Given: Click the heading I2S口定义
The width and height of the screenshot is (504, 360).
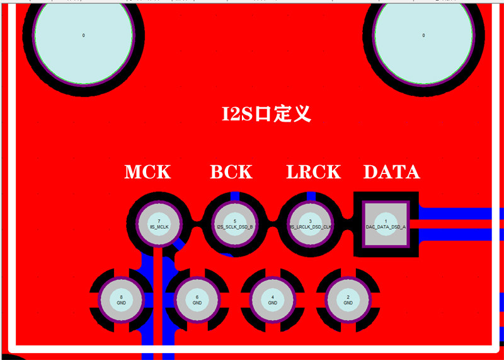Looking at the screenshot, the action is [x=266, y=114].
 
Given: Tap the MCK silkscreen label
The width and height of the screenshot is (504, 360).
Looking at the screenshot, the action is [x=147, y=171].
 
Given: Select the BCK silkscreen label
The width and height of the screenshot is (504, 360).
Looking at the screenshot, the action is [x=231, y=171].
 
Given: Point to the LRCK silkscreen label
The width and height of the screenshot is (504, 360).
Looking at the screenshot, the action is [x=313, y=171].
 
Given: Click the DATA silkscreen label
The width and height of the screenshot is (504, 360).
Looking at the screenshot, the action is [x=391, y=171].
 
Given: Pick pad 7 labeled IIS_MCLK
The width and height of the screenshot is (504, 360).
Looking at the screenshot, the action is [x=159, y=224].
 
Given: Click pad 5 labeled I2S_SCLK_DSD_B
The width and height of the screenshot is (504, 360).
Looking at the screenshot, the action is [x=234, y=224].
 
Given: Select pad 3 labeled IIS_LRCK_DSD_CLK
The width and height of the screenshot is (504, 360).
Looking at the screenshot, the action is [x=310, y=224].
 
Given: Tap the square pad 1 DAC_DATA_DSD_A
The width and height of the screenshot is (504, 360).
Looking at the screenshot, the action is [x=386, y=224].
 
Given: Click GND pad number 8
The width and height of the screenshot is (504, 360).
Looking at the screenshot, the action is [x=122, y=299].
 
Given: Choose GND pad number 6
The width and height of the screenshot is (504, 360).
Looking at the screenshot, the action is [x=197, y=299].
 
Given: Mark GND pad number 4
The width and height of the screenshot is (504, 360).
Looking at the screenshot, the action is [x=272, y=299].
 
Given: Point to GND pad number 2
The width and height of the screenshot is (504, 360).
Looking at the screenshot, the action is [x=348, y=299].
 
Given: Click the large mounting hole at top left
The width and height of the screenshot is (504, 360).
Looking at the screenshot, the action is [x=83, y=35].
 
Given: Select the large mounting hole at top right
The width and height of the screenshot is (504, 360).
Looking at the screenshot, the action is [x=423, y=35].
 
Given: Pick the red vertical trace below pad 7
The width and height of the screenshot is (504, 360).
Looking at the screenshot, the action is [x=158, y=303].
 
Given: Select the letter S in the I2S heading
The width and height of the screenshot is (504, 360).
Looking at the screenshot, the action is [x=245, y=114].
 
